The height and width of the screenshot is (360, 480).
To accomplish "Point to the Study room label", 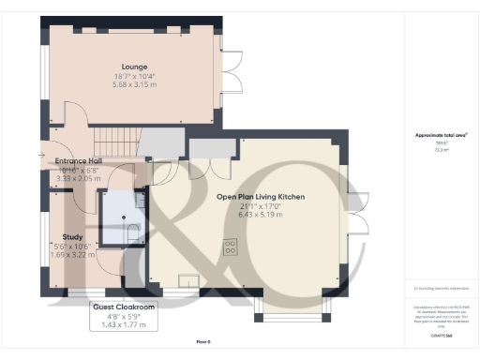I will point(73,237).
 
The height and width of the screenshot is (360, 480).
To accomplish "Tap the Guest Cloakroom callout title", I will point(124,306).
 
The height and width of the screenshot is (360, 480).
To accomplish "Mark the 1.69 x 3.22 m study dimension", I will point(73,254).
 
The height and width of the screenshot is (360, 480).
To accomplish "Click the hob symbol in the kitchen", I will point(230,247).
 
